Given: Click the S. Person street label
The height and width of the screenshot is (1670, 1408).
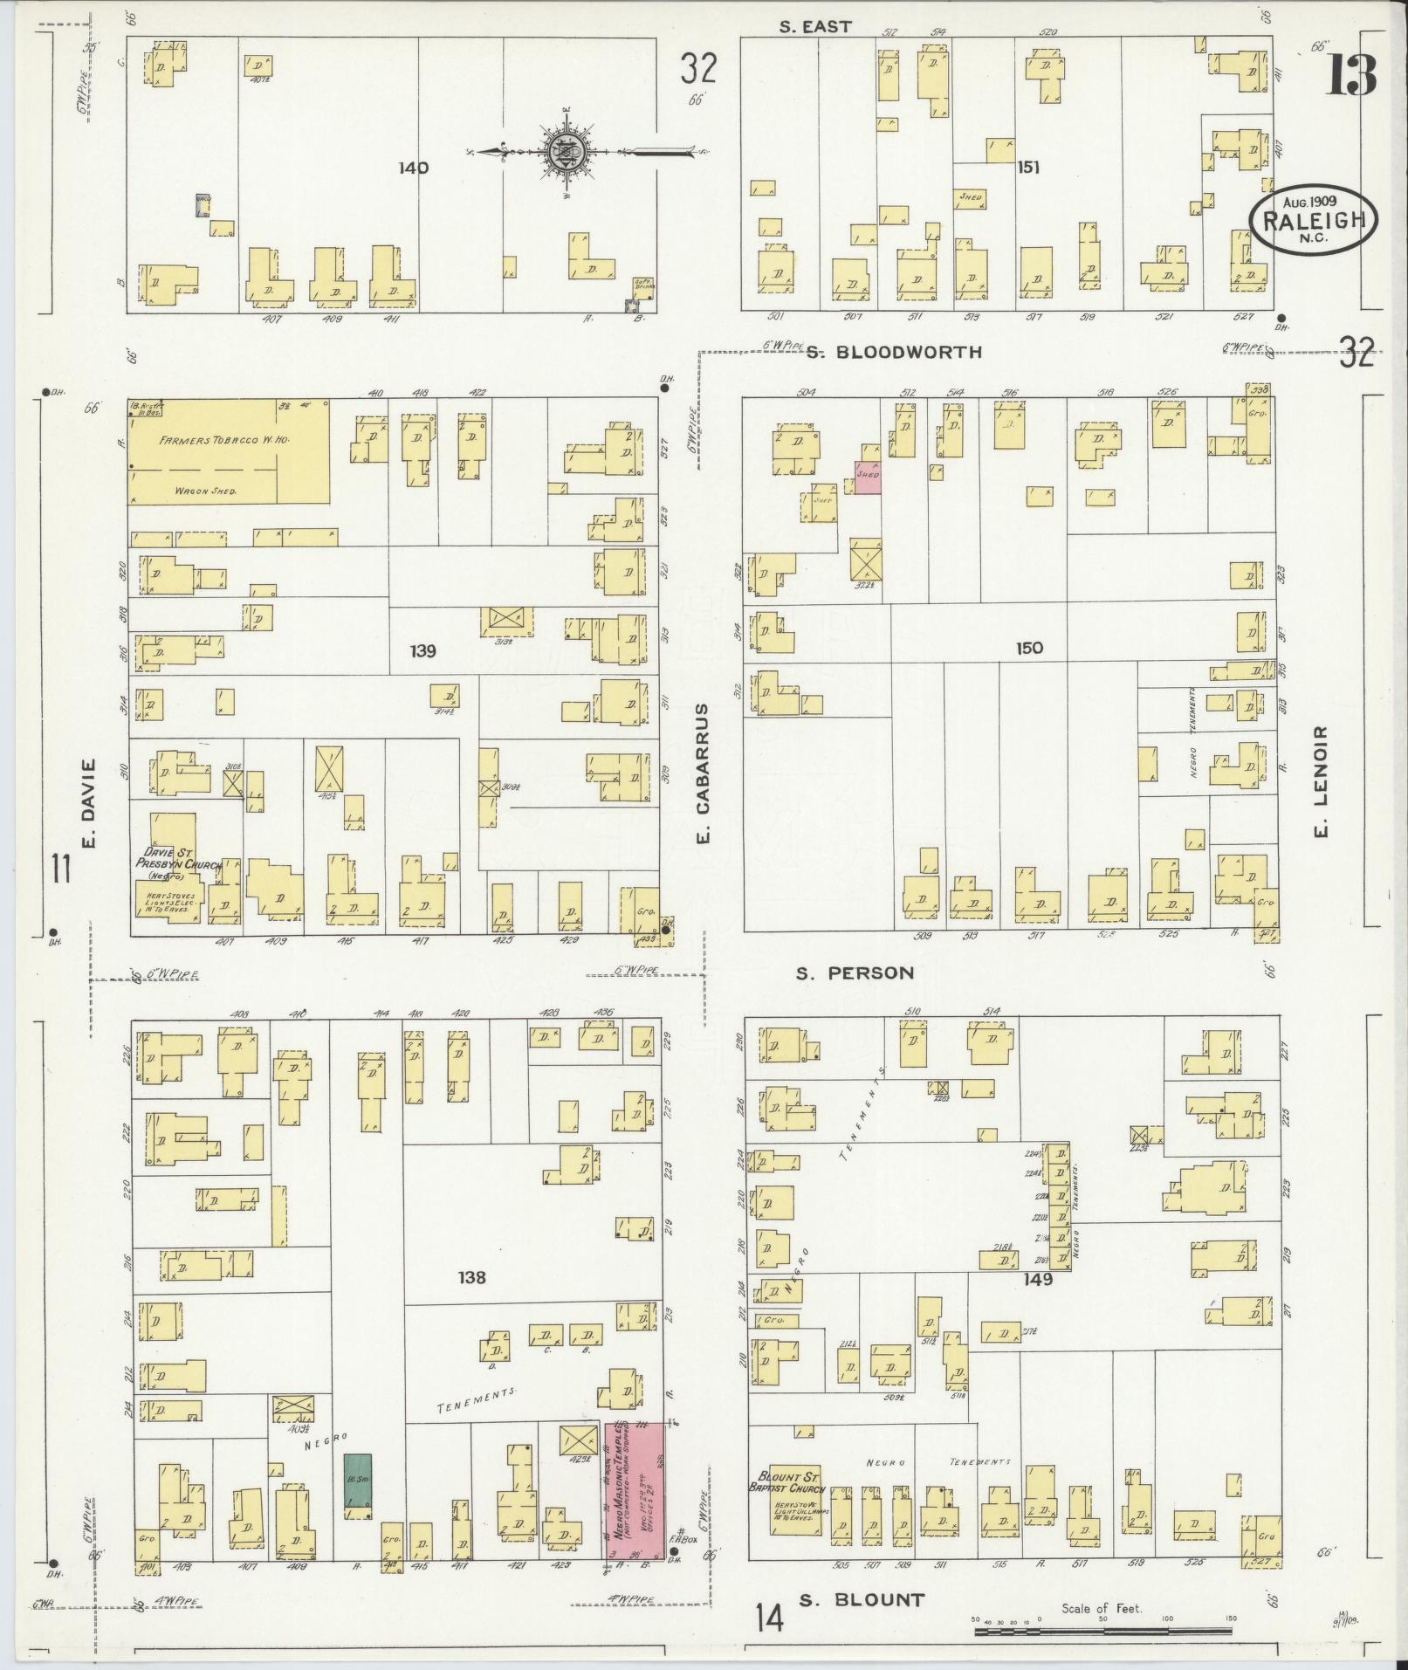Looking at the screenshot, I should (855, 972).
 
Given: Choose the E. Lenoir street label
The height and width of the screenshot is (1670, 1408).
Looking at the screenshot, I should (1320, 782).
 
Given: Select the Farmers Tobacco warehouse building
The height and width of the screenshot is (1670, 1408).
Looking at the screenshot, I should (230, 450).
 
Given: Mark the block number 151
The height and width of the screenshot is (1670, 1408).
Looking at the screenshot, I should (1028, 167).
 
